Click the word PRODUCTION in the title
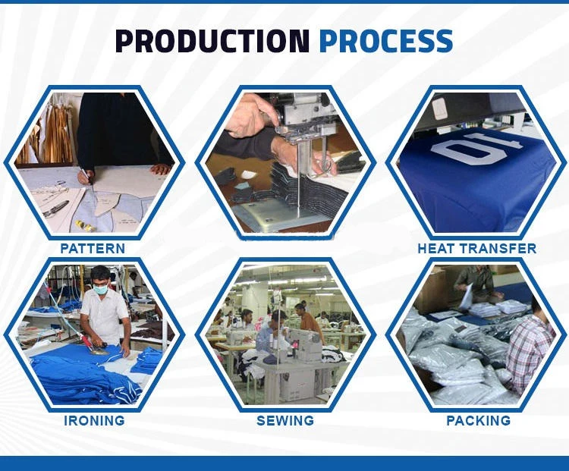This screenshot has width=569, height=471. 212,41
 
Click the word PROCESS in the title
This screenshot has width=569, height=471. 386,41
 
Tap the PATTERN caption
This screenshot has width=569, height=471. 93,249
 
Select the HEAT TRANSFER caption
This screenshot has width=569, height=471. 477,249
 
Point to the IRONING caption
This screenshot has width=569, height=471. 94,420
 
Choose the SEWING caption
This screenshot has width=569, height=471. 285,420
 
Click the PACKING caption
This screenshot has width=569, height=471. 478,420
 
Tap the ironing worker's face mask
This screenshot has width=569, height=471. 100,289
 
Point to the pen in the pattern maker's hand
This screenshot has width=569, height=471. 86,175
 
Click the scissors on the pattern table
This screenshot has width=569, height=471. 55,209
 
